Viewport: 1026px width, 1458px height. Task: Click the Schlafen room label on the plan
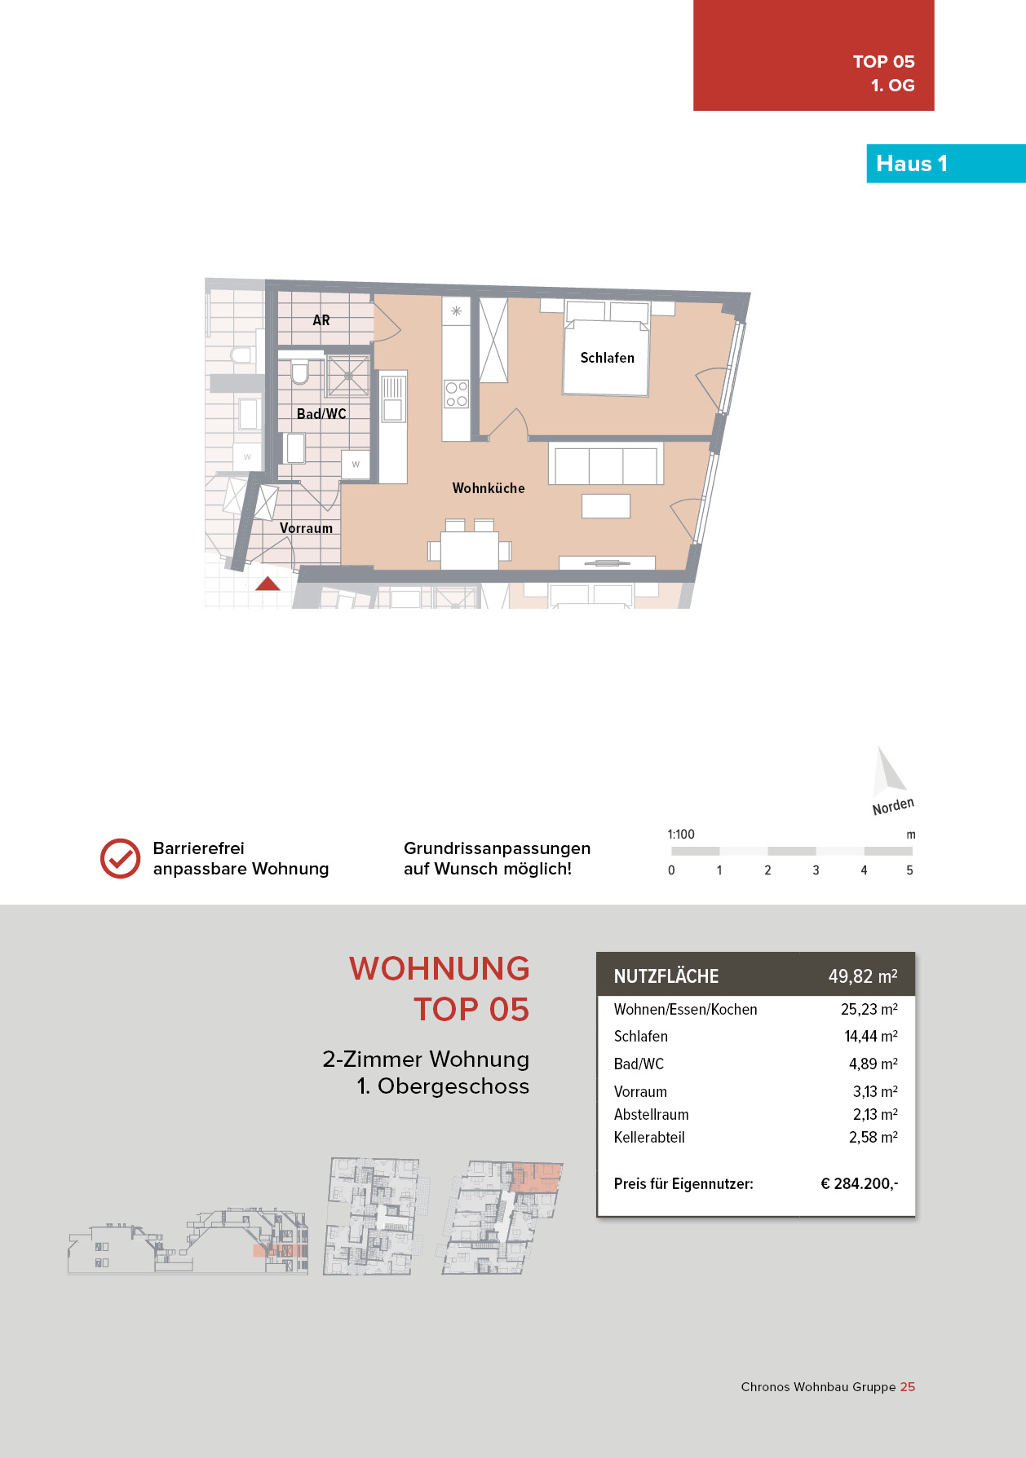pos(607,358)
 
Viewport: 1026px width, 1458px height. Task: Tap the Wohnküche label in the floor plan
pos(489,488)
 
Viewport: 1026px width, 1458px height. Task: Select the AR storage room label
pos(321,320)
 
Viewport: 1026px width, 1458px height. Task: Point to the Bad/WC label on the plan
pos(321,414)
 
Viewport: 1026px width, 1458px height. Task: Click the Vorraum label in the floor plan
pos(306,528)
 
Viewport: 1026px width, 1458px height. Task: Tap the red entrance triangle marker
pos(268,584)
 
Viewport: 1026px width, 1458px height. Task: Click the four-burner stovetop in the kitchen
pos(456,394)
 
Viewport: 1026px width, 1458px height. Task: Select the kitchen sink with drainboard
pos(392,399)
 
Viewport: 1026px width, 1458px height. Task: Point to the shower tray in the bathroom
pos(348,376)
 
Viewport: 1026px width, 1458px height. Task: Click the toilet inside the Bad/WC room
pos(299,372)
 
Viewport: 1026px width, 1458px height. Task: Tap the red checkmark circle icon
pos(120,858)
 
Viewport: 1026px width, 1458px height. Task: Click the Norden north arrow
pos(888,774)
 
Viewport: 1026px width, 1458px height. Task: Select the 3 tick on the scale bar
pos(816,870)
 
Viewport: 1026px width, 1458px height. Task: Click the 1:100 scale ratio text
pos(681,835)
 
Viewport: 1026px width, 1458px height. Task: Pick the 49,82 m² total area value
pos(862,976)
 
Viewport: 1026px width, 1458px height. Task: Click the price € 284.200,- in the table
pos(859,1183)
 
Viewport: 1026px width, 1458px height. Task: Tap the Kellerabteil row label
pos(649,1137)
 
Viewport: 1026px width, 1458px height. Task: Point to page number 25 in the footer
pos(908,1386)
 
